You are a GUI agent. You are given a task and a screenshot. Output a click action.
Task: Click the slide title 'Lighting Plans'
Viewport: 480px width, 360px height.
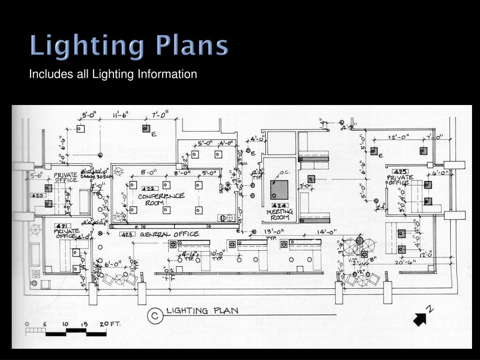pyautogui.click(x=129, y=46)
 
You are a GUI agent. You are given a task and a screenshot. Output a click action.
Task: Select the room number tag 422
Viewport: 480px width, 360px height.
pyautogui.click(x=148, y=189)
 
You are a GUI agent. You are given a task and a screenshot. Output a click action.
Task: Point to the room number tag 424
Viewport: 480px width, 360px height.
pyautogui.click(x=279, y=205)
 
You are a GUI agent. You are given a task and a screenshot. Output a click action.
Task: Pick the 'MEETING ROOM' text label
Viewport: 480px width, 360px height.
pyautogui.click(x=279, y=215)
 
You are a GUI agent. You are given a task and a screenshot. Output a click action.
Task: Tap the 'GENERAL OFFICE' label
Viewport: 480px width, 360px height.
pyautogui.click(x=169, y=234)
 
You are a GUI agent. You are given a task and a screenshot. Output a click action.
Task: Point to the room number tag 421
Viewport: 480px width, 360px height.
pyautogui.click(x=60, y=225)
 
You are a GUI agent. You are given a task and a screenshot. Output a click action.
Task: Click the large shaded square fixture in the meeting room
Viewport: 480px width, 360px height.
pyautogui.click(x=279, y=190)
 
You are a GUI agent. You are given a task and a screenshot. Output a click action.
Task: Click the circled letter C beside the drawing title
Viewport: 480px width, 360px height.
pyautogui.click(x=153, y=316)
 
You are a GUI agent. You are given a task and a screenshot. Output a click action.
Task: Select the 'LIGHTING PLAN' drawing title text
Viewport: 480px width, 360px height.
pyautogui.click(x=202, y=311)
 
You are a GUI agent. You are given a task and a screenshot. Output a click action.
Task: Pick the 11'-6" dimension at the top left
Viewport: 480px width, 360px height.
pyautogui.click(x=120, y=114)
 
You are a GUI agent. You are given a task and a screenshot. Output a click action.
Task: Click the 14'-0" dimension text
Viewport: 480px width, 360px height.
pyautogui.click(x=327, y=232)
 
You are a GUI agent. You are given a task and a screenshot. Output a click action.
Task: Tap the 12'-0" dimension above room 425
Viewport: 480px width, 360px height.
pyautogui.click(x=399, y=137)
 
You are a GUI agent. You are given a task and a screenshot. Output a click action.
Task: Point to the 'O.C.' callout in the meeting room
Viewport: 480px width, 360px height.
pyautogui.click(x=285, y=172)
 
